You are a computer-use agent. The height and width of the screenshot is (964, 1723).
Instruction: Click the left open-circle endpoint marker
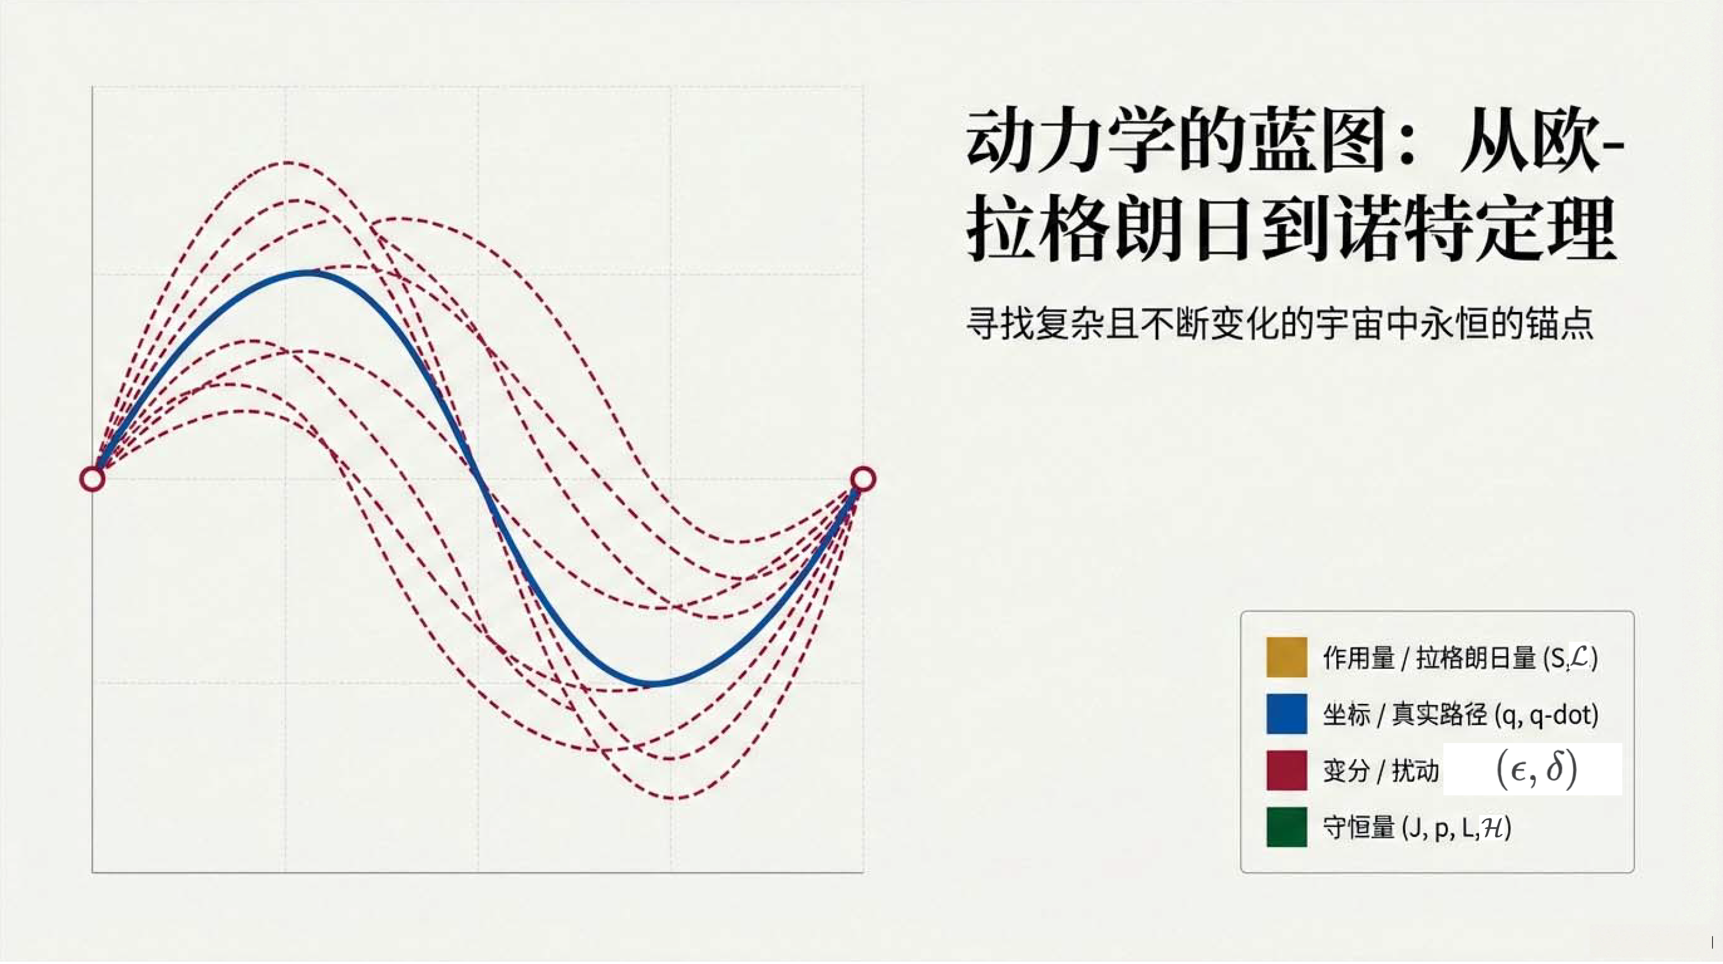pos(92,479)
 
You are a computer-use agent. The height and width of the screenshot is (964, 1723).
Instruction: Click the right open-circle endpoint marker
pos(864,479)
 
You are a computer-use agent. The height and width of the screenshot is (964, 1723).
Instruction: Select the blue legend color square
pos(1286,714)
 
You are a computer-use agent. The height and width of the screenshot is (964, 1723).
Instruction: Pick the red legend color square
pos(1286,770)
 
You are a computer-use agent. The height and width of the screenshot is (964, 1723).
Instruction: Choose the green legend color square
pos(1286,827)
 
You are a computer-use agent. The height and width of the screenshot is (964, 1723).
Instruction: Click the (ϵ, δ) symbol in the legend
pos(1537,769)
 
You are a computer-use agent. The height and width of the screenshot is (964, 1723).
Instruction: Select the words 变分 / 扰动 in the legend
pos(1381,771)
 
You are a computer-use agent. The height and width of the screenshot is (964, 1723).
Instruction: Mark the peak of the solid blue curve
pos(305,272)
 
